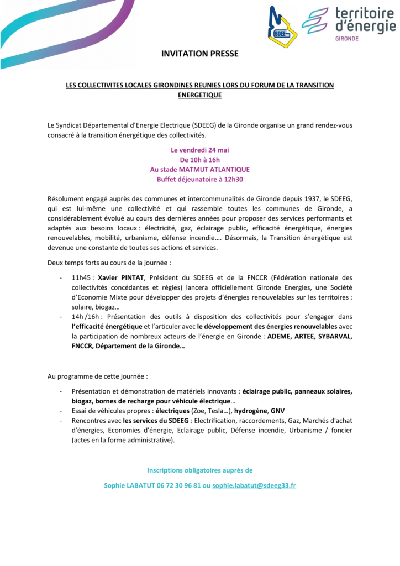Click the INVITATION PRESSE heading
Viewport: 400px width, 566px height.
pos(199,54)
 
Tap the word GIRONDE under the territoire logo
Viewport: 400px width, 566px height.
pos(347,39)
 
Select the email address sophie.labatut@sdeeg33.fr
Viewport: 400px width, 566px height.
pos(254,485)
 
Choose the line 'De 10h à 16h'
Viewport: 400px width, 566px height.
pos(199,160)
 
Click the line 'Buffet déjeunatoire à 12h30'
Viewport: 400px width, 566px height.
pos(199,179)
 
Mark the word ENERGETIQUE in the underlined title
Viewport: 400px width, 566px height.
pos(199,95)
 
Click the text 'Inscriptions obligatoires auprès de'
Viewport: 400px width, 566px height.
pos(199,470)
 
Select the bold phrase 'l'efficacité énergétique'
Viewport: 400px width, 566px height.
pos(107,326)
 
